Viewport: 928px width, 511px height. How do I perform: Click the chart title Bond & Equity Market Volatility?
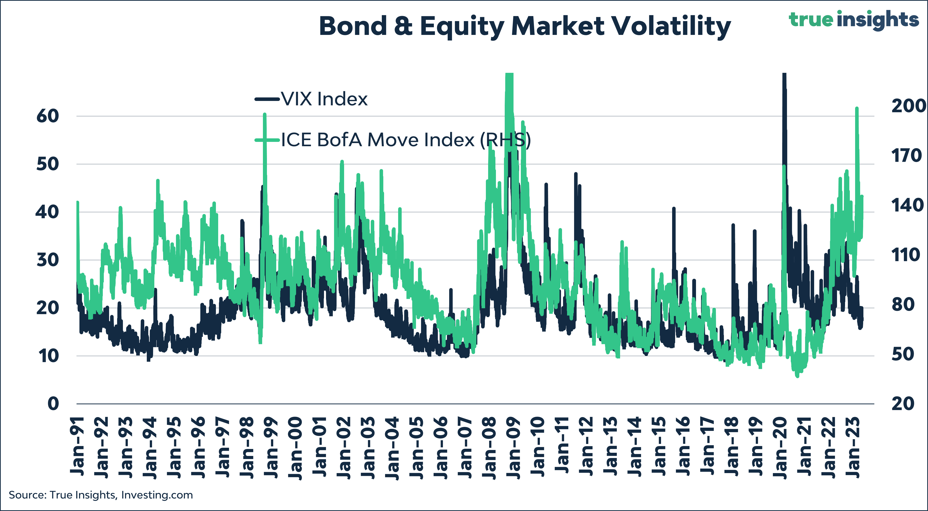(x=525, y=27)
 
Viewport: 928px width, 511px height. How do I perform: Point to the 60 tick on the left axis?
(x=48, y=116)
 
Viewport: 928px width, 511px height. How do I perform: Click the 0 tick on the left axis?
(x=53, y=404)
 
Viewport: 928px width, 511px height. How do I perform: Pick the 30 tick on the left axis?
(x=48, y=260)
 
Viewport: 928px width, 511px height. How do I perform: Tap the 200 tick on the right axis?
(x=907, y=106)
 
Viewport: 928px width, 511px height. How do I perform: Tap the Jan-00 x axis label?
(x=295, y=448)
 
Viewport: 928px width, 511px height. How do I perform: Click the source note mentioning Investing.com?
(x=101, y=495)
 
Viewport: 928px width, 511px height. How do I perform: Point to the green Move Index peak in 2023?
(x=857, y=108)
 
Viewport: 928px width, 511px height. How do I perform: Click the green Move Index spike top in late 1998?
(x=264, y=115)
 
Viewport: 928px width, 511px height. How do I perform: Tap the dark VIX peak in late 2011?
(x=576, y=174)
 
